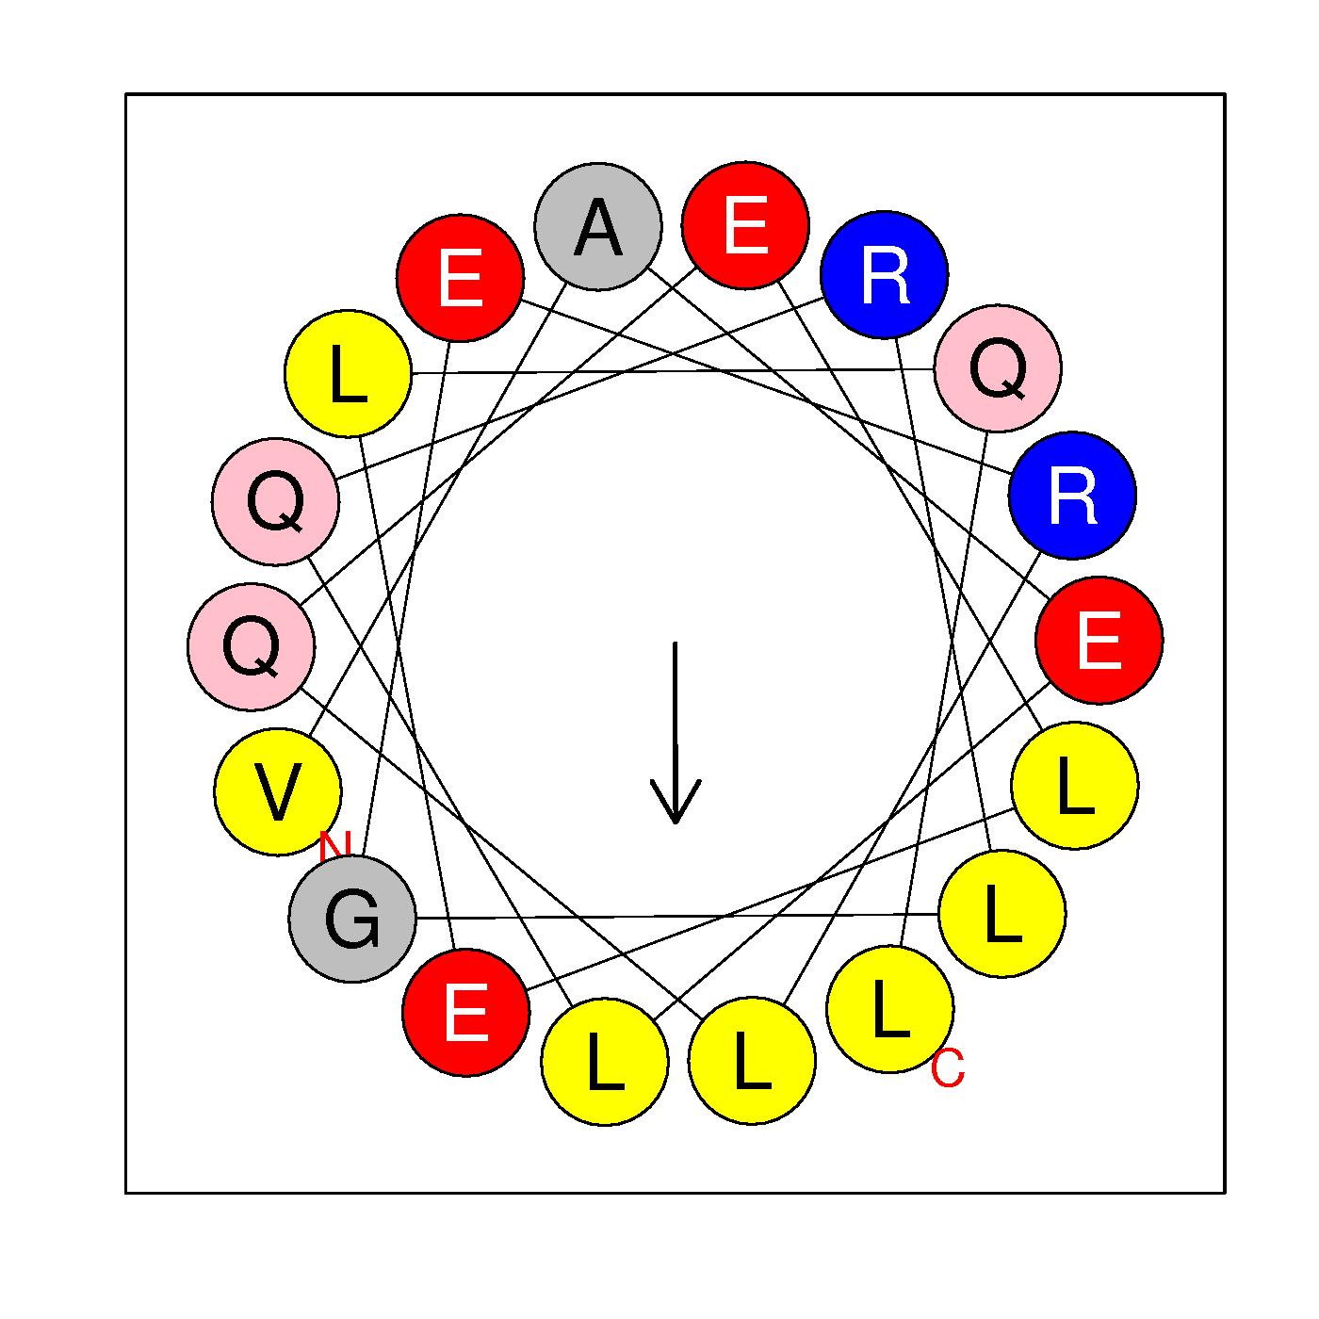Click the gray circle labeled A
[598, 226]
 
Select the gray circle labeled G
[352, 919]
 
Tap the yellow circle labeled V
[278, 792]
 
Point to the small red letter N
[334, 846]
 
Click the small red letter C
[948, 1069]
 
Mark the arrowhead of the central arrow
[676, 818]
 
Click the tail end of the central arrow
[675, 644]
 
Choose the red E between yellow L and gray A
[460, 277]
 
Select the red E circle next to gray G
[465, 1012]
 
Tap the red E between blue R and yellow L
[1099, 640]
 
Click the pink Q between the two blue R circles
[998, 368]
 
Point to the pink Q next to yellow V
[252, 647]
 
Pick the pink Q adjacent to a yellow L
[276, 501]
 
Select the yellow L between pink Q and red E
[349, 374]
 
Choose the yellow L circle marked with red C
[889, 1009]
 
